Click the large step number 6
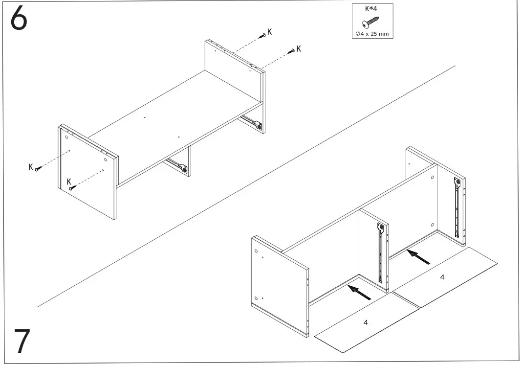(x=19, y=20)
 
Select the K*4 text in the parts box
(x=372, y=8)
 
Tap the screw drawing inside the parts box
(x=370, y=23)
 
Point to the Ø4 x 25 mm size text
(x=372, y=33)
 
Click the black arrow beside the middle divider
(x=359, y=292)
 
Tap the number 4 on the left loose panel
(x=366, y=322)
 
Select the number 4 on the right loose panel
(x=442, y=277)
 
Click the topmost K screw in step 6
(x=263, y=35)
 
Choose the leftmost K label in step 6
(x=30, y=167)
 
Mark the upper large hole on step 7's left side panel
(x=256, y=251)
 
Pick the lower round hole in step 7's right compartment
(x=433, y=225)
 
